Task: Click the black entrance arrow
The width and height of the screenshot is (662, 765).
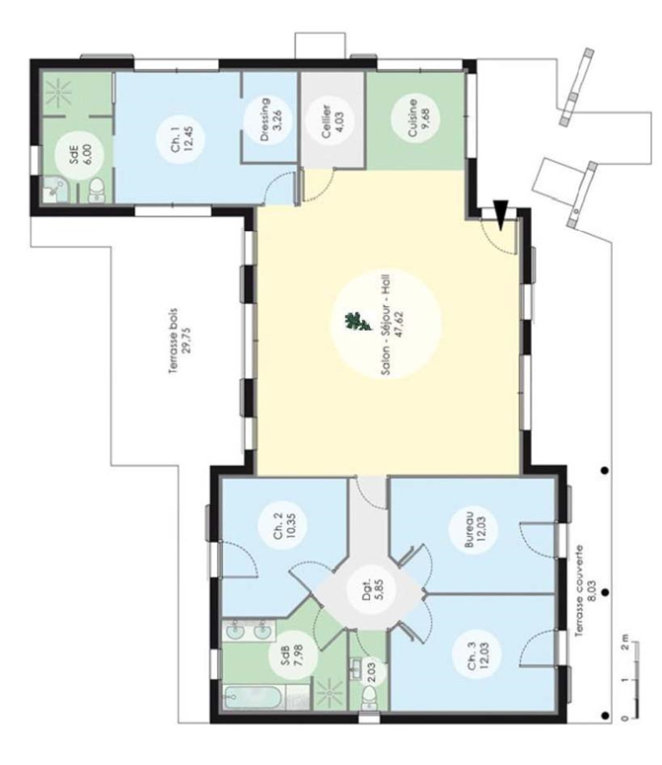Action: (x=500, y=214)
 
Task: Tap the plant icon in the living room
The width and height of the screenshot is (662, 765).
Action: (x=358, y=321)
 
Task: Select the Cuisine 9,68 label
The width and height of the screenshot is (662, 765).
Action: (x=417, y=118)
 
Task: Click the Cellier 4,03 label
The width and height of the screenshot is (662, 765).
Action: (x=332, y=118)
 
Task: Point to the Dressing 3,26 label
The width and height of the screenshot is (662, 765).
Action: (x=271, y=119)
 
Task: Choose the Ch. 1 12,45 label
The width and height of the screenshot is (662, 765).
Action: (x=181, y=139)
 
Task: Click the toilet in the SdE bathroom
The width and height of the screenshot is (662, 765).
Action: (x=97, y=191)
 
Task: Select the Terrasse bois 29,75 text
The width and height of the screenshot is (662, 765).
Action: (x=181, y=341)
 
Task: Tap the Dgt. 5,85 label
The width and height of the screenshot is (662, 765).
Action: (x=371, y=589)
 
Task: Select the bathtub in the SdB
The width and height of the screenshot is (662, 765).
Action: (x=254, y=696)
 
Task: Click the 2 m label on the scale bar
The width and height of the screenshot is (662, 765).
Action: (x=625, y=643)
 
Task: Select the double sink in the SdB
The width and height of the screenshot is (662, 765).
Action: (x=249, y=631)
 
